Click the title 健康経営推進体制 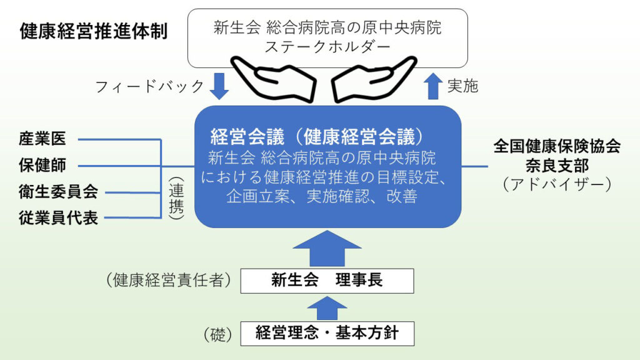pyautogui.click(x=94, y=31)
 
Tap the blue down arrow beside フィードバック pyautogui.click(x=219, y=86)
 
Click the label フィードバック pyautogui.click(x=149, y=86)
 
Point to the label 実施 pyautogui.click(x=462, y=86)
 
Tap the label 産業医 pyautogui.click(x=42, y=139)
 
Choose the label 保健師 pyautogui.click(x=42, y=166)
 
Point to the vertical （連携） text pyautogui.click(x=177, y=197)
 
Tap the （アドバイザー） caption pyautogui.click(x=557, y=185)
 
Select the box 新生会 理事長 pyautogui.click(x=327, y=281)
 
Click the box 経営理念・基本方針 pyautogui.click(x=327, y=333)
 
